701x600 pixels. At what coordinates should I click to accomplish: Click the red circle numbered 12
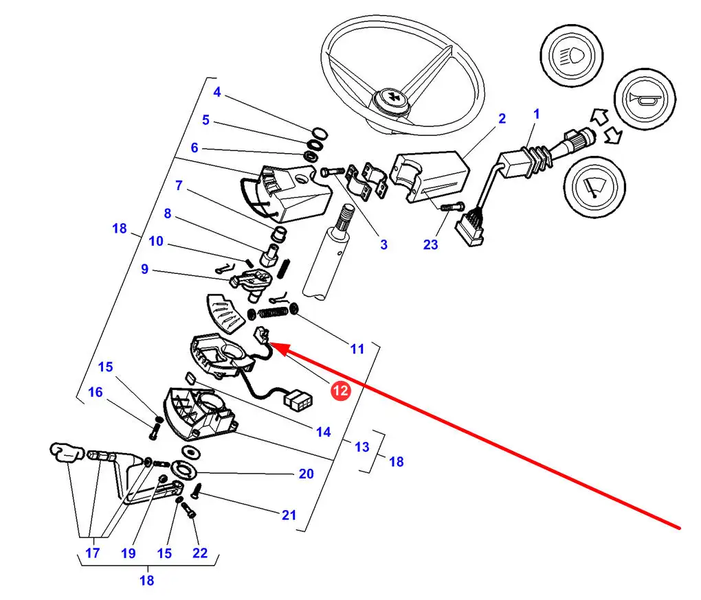point(341,391)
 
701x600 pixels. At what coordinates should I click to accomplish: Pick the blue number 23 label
point(430,244)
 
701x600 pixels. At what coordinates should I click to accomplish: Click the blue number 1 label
point(537,113)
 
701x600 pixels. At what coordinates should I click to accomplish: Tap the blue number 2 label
point(502,119)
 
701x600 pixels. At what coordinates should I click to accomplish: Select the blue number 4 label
point(216,92)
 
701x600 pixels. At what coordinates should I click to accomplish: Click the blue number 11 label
point(357,349)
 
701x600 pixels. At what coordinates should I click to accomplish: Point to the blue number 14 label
point(323,432)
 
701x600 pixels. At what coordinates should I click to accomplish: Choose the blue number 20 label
point(306,474)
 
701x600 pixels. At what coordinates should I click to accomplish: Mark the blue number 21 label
point(289,515)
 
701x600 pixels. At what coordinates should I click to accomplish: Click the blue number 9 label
point(144,269)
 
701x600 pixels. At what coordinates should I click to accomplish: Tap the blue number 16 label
point(96,392)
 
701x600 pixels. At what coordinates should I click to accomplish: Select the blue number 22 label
point(199,553)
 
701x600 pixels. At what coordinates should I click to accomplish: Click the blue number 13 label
point(361,447)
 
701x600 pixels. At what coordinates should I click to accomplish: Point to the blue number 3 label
point(383,244)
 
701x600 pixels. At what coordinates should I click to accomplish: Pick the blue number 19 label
point(128,553)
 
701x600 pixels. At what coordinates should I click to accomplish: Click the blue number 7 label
point(178,185)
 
